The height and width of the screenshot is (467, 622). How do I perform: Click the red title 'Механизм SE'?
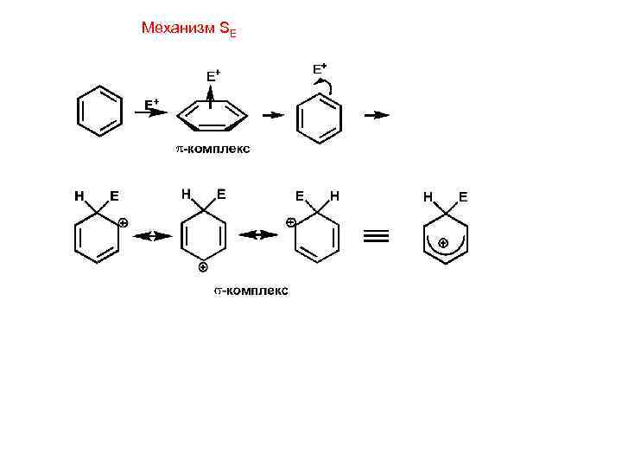point(187,29)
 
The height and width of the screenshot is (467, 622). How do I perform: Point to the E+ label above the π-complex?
point(213,76)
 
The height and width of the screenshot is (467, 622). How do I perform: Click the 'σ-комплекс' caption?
point(251,291)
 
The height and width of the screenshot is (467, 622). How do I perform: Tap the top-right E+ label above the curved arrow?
point(320,67)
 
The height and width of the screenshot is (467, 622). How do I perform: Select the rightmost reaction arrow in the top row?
point(377,114)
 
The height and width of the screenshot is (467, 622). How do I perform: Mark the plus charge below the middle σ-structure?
point(202,267)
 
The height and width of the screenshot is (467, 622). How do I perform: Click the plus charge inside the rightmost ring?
point(443,243)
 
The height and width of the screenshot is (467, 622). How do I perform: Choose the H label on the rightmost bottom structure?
point(428,196)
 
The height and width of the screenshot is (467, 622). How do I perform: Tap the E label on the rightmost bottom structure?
point(463,196)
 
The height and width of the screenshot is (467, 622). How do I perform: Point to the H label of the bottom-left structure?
point(79,195)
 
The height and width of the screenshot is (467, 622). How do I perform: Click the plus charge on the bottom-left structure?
point(124,223)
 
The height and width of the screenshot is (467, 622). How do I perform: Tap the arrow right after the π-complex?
point(273,114)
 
